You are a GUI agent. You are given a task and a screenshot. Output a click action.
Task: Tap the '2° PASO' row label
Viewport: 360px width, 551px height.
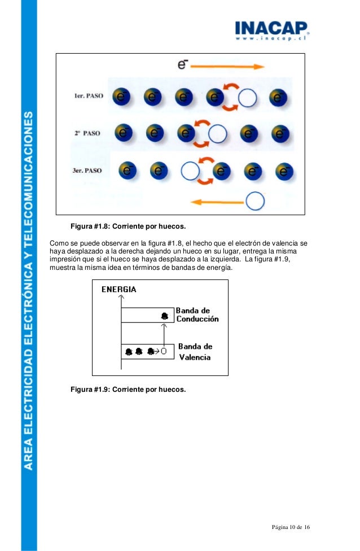87,134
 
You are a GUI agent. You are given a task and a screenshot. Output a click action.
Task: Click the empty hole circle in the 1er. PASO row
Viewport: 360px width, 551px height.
247,98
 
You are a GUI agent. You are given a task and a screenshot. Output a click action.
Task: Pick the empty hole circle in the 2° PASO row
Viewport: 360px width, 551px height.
217,134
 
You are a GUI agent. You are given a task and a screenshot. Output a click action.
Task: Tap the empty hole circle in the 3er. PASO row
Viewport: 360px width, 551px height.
190,170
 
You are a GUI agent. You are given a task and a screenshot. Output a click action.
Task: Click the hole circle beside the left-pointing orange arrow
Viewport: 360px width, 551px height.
256,200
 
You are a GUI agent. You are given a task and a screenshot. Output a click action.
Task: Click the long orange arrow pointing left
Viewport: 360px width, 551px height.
217,201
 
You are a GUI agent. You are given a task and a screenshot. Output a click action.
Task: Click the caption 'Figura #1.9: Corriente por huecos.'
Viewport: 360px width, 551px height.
128,390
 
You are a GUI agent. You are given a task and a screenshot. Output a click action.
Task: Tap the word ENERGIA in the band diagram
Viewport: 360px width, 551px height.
118,290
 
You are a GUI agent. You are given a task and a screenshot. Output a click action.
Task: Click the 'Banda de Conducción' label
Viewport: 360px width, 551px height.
197,314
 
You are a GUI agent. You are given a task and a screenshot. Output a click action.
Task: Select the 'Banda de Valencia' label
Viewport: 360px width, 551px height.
195,351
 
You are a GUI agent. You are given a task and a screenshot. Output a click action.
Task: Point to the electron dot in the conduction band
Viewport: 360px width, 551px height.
164,316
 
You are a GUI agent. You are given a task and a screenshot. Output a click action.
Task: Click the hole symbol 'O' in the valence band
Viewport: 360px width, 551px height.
164,351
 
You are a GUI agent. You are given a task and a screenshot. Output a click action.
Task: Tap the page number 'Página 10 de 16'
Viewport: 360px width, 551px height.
290,527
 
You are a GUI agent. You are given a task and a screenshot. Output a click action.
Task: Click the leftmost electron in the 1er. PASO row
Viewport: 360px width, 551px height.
121,97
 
